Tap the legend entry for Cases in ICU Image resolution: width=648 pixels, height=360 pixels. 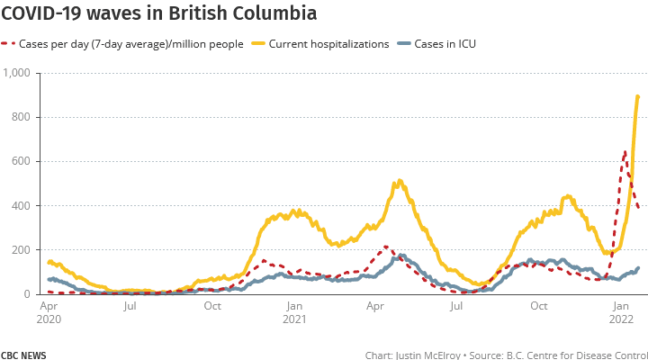tap(444, 43)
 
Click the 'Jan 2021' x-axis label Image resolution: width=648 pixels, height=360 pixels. tap(294, 311)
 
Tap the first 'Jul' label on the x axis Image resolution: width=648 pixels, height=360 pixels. tap(130, 305)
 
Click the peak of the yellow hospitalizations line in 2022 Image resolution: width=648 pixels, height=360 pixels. tap(638, 96)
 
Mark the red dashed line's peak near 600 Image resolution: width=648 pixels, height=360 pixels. tap(625, 152)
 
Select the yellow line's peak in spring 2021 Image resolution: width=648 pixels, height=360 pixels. tap(398, 182)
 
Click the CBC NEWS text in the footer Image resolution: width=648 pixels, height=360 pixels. tap(23, 355)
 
